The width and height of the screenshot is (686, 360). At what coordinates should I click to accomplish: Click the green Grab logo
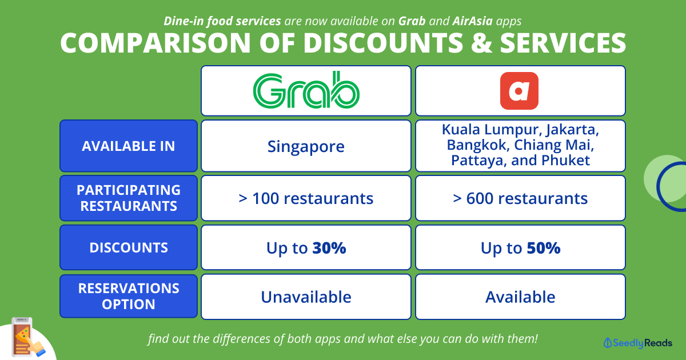[306, 90]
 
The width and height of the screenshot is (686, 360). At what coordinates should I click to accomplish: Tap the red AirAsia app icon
[519, 91]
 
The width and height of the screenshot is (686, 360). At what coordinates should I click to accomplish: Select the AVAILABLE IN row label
[129, 146]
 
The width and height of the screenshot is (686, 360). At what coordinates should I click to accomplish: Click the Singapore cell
[306, 146]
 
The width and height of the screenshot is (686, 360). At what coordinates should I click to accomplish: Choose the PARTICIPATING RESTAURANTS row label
[129, 198]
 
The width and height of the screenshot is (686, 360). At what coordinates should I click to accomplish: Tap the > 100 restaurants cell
[306, 198]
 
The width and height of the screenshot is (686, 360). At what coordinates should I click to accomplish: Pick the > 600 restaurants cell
[520, 198]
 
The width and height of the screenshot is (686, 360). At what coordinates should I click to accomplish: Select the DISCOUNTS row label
[129, 247]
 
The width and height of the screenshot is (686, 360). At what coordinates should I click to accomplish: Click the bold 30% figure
[329, 247]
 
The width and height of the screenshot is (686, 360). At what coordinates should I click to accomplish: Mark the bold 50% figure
[544, 247]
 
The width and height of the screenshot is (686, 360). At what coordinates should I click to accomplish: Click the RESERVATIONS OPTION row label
[129, 296]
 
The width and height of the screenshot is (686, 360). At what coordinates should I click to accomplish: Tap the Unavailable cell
[306, 297]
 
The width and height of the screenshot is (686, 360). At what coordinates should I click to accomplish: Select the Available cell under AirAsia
[520, 297]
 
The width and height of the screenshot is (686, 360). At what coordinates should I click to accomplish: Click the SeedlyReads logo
[637, 343]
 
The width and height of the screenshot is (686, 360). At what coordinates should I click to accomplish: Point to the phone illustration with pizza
[27, 337]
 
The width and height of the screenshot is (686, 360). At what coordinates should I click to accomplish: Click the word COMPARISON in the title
[155, 43]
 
